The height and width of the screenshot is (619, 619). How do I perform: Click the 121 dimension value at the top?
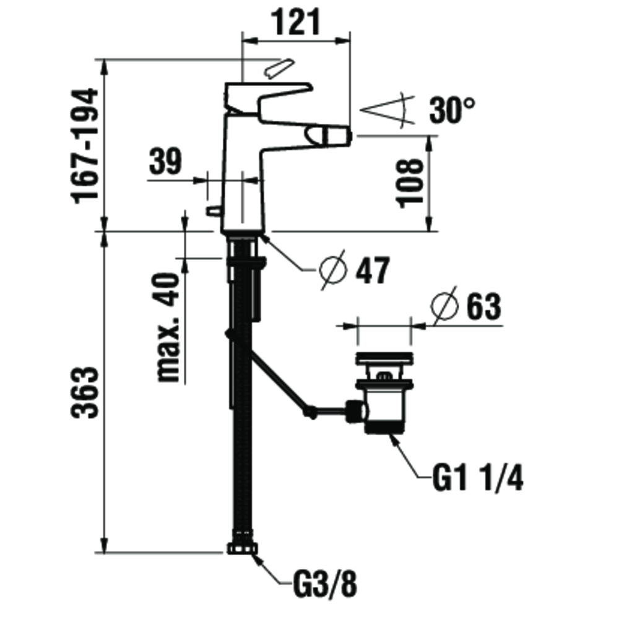[x=296, y=22]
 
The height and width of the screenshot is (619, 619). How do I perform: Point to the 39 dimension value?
[x=165, y=162]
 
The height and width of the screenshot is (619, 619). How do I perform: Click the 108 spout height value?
[x=410, y=183]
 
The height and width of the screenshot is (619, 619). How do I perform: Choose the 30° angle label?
[x=452, y=110]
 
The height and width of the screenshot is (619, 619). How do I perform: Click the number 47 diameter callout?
[x=373, y=271]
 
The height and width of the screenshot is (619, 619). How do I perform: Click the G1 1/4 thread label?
[x=478, y=478]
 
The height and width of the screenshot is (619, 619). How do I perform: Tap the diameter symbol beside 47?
[x=333, y=271]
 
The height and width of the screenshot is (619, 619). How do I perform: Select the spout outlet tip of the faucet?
[x=330, y=136]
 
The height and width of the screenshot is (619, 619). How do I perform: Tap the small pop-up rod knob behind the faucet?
[x=214, y=211]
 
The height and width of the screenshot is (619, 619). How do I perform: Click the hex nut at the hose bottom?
[x=243, y=548]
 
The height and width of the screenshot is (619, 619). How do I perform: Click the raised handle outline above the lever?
[x=280, y=69]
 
